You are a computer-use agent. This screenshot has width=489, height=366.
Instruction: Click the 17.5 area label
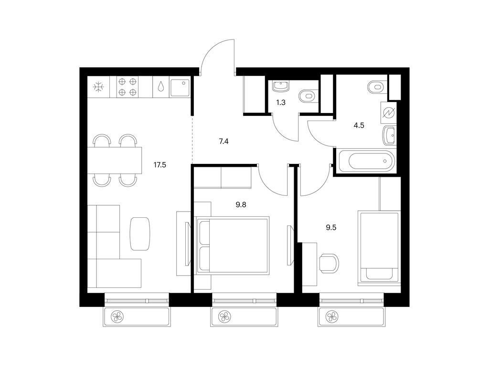click(160, 165)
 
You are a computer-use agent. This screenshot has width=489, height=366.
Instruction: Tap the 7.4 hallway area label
click(223, 141)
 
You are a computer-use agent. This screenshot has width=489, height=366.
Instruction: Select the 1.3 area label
click(281, 102)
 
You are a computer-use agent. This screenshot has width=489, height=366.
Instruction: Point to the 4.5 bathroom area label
click(359, 126)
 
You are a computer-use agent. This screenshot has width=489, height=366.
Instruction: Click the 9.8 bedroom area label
click(242, 205)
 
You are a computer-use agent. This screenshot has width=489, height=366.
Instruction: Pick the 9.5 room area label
click(331, 228)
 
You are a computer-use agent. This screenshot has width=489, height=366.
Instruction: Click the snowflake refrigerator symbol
click(98, 87)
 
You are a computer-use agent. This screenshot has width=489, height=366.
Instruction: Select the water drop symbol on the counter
click(161, 87)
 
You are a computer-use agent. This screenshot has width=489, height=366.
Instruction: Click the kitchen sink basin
click(179, 87)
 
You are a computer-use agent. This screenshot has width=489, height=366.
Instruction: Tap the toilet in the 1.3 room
click(307, 97)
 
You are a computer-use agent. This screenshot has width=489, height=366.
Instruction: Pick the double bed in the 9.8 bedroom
click(233, 245)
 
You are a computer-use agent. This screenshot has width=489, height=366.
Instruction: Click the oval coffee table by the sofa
click(140, 234)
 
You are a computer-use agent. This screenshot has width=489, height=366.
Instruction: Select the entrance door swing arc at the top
click(217, 55)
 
